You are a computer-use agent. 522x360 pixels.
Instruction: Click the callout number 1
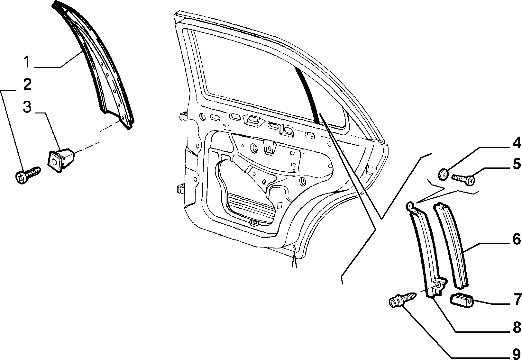(27, 62)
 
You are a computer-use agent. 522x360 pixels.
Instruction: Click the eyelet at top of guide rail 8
(409, 205)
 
